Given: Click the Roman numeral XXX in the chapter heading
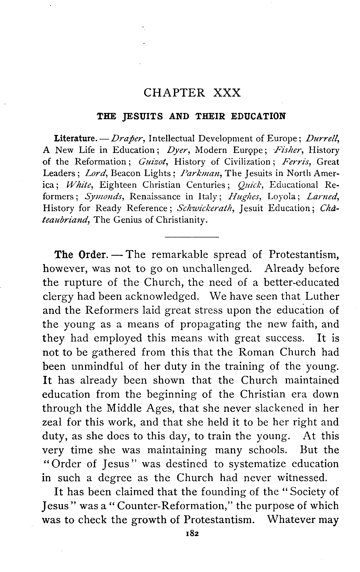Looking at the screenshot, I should pos(227,93).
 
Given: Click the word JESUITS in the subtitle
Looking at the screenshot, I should pos(143,116).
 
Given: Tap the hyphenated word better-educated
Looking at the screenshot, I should pos(301,283).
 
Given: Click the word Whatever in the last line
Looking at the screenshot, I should pos(291,520).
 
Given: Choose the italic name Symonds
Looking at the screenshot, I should pos(104,197).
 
